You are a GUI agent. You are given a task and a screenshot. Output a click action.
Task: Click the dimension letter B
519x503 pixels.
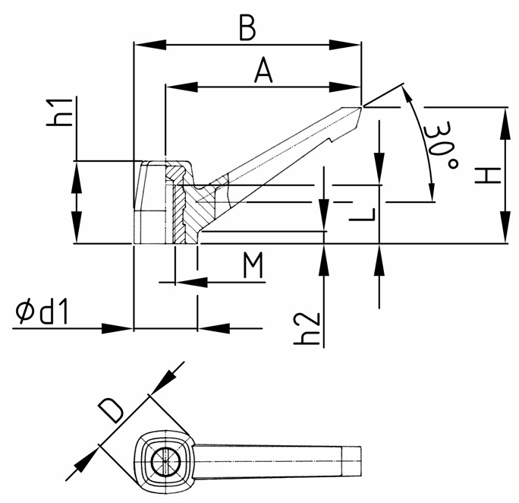(x=247, y=28)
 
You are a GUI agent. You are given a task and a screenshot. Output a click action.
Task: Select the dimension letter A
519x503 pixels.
(x=263, y=70)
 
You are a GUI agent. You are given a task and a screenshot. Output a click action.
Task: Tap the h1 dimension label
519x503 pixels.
(x=60, y=112)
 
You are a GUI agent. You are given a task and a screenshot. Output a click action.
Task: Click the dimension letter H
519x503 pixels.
(x=487, y=176)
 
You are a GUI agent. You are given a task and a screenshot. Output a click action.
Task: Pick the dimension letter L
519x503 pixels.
(x=363, y=215)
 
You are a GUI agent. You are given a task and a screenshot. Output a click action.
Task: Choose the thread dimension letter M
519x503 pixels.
(x=253, y=264)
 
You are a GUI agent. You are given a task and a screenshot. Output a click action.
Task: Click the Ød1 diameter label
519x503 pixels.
(x=42, y=312)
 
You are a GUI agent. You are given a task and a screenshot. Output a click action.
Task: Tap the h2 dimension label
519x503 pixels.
(x=307, y=328)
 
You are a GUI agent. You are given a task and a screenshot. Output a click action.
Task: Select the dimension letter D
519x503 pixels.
(x=112, y=411)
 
